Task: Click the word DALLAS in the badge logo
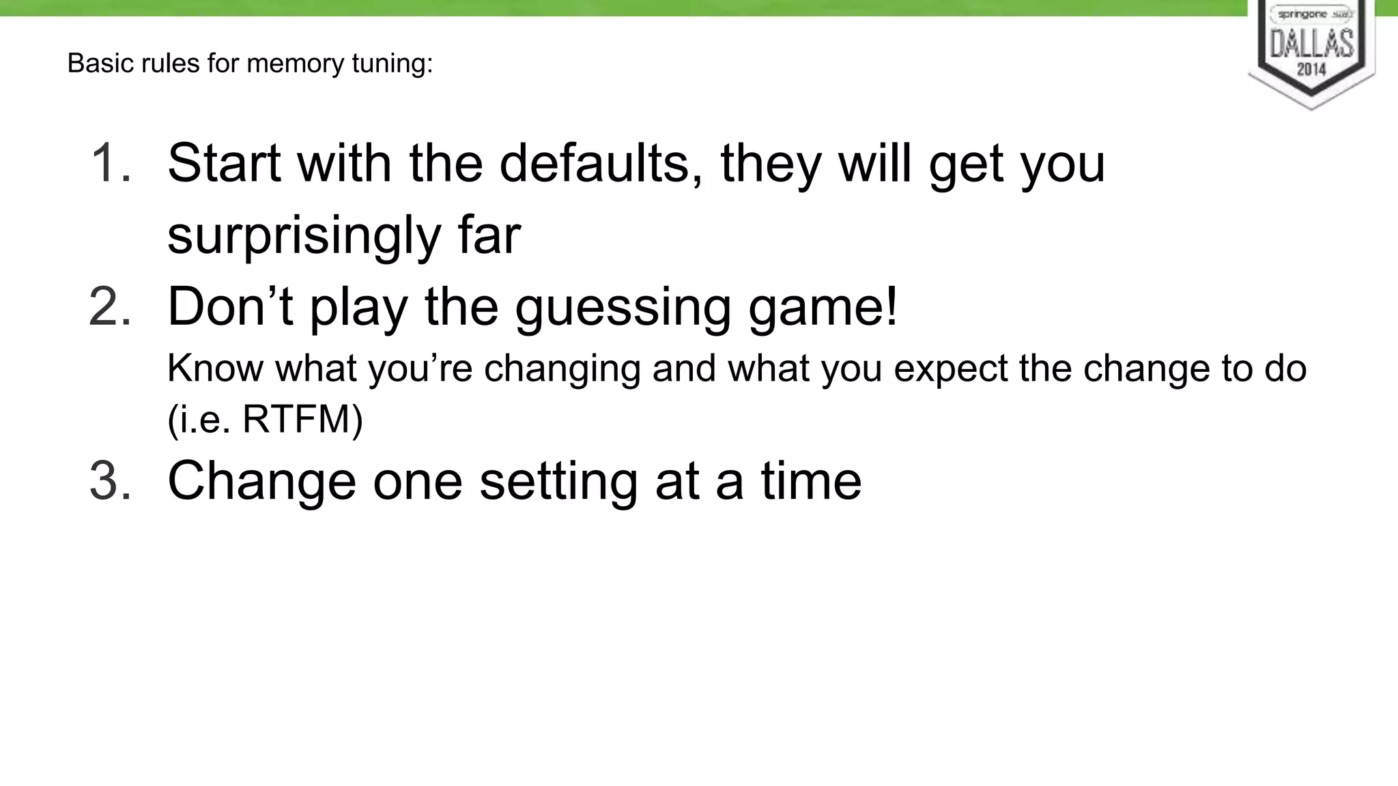pos(1311,43)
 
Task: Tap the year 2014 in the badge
pos(1311,69)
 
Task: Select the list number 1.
pos(110,163)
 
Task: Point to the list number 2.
pos(110,306)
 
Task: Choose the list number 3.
pos(110,480)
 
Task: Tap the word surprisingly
pos(304,235)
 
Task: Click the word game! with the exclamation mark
pos(823,308)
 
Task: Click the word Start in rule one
pos(224,163)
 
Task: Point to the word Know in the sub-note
pos(215,368)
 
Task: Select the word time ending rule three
pos(811,480)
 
